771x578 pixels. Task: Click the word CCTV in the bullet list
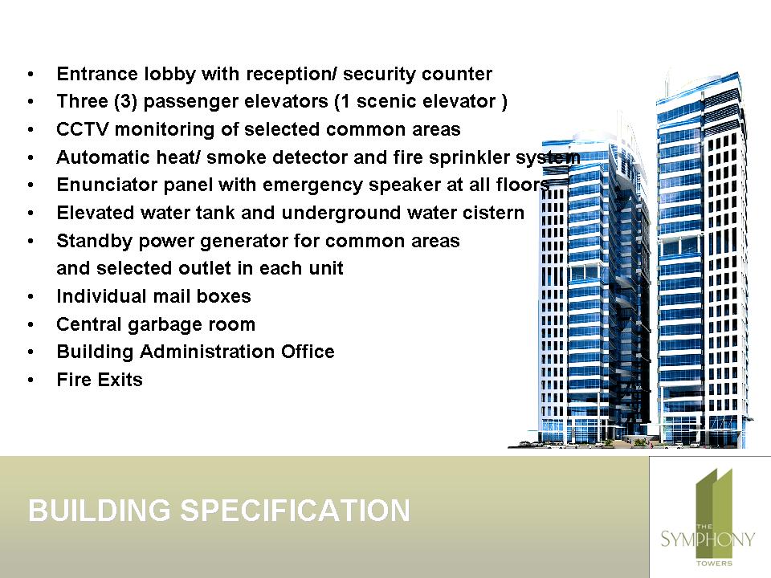point(82,129)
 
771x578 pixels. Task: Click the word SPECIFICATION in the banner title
point(295,511)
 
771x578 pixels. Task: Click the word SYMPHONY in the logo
point(707,539)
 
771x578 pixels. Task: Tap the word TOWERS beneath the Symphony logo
point(715,564)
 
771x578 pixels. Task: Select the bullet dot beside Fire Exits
point(31,380)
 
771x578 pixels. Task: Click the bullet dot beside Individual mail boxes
point(31,296)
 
